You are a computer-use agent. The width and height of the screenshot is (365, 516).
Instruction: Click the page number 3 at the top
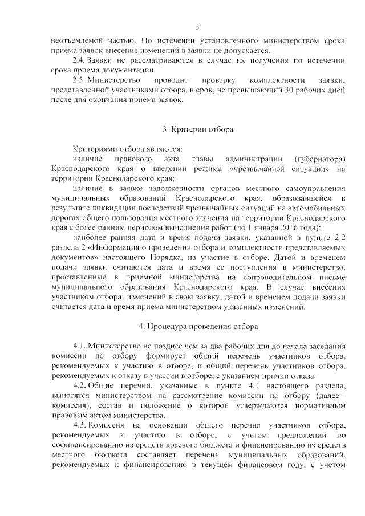tap(197, 27)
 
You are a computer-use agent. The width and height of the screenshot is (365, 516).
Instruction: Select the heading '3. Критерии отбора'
tap(198, 129)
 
